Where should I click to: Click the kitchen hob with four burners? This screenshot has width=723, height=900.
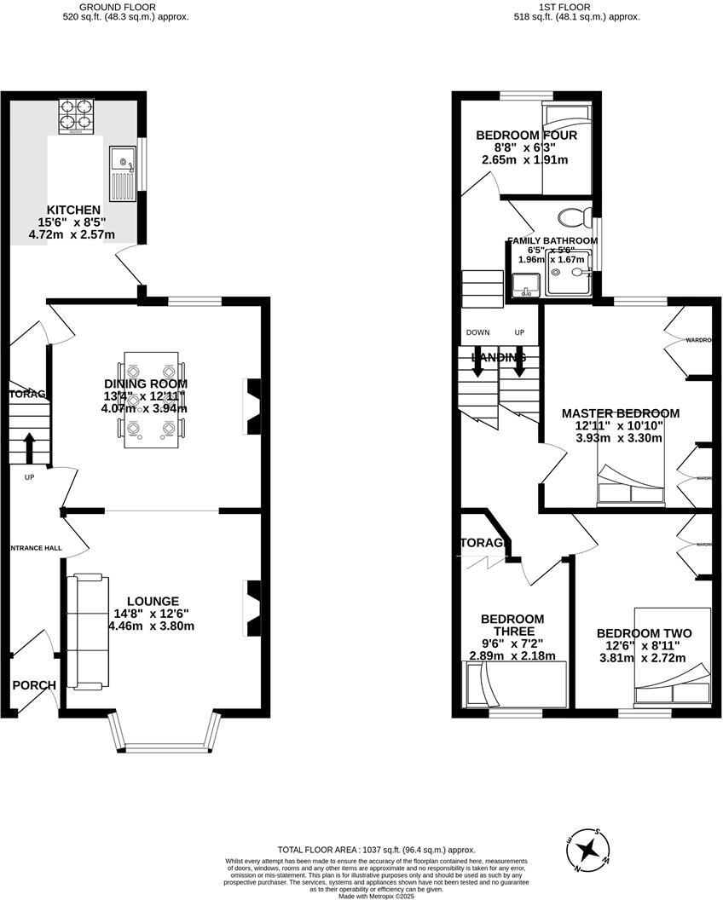click(x=76, y=116)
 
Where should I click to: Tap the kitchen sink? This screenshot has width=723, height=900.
click(x=121, y=171)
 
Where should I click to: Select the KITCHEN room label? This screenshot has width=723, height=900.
click(x=73, y=210)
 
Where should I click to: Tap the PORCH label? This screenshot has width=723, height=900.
click(x=34, y=685)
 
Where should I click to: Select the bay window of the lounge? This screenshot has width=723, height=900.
click(x=165, y=736)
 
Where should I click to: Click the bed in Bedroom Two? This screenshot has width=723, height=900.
click(x=672, y=656)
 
